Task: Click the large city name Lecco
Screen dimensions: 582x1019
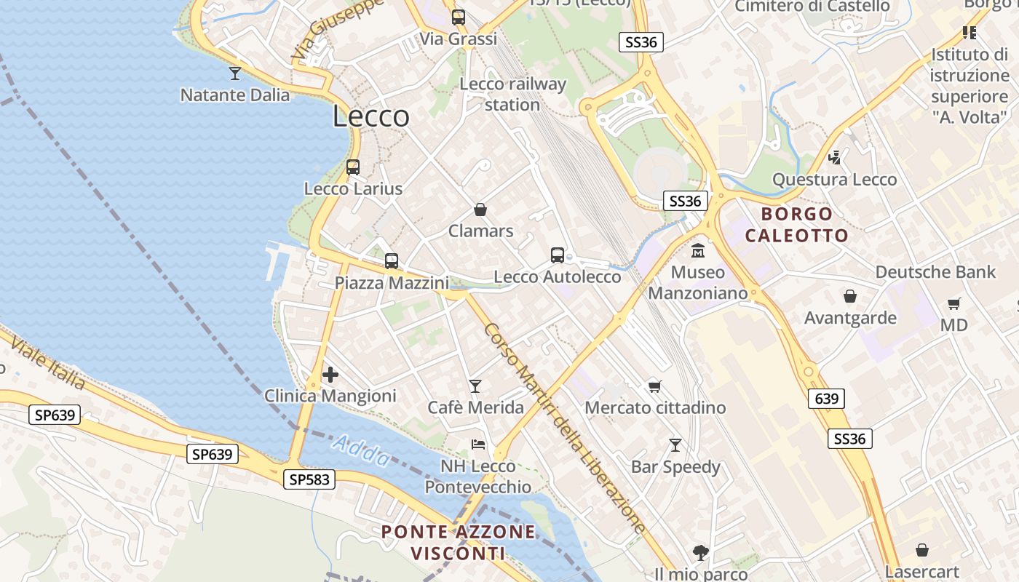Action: point(371,116)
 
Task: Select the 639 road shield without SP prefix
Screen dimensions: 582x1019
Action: point(826,399)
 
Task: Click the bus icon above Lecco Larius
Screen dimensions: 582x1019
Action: point(353,167)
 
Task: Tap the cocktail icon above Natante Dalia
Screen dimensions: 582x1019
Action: point(234,73)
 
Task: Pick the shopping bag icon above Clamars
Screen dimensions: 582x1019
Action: point(480,210)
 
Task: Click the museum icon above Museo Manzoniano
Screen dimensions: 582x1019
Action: point(698,250)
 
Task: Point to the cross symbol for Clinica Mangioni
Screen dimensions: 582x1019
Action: point(330,375)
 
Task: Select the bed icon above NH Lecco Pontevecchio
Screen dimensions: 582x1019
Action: point(478,444)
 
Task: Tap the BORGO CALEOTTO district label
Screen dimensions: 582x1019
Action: point(796,225)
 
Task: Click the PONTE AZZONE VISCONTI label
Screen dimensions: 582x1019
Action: point(459,543)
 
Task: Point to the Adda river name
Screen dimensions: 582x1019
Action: point(362,452)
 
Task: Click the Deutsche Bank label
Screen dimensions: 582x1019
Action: point(935,272)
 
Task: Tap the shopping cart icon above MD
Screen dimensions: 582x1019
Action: point(953,303)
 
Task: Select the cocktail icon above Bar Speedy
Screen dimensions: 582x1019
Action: point(675,445)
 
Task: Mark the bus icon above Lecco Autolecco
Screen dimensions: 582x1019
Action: point(558,255)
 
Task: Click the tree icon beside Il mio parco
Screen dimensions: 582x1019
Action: point(701,553)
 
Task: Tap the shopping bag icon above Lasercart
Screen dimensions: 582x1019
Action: point(922,550)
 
